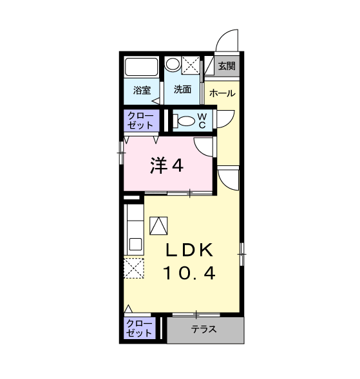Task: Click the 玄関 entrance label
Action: click(227, 66)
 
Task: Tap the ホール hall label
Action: click(222, 93)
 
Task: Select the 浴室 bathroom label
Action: click(142, 90)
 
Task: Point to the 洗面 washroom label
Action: click(183, 89)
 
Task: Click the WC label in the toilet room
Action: click(202, 121)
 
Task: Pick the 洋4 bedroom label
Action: click(167, 165)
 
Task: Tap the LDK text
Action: click(189, 250)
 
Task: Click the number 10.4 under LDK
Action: click(189, 273)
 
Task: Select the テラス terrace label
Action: click(204, 329)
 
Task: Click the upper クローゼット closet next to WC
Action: click(140, 120)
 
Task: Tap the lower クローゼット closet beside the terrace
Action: click(139, 328)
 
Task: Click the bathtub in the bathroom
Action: click(141, 67)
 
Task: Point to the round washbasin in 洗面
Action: click(173, 64)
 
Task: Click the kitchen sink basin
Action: click(135, 245)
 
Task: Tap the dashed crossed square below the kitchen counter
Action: click(134, 268)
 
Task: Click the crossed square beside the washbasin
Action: click(191, 65)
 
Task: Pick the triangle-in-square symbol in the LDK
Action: click(158, 226)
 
